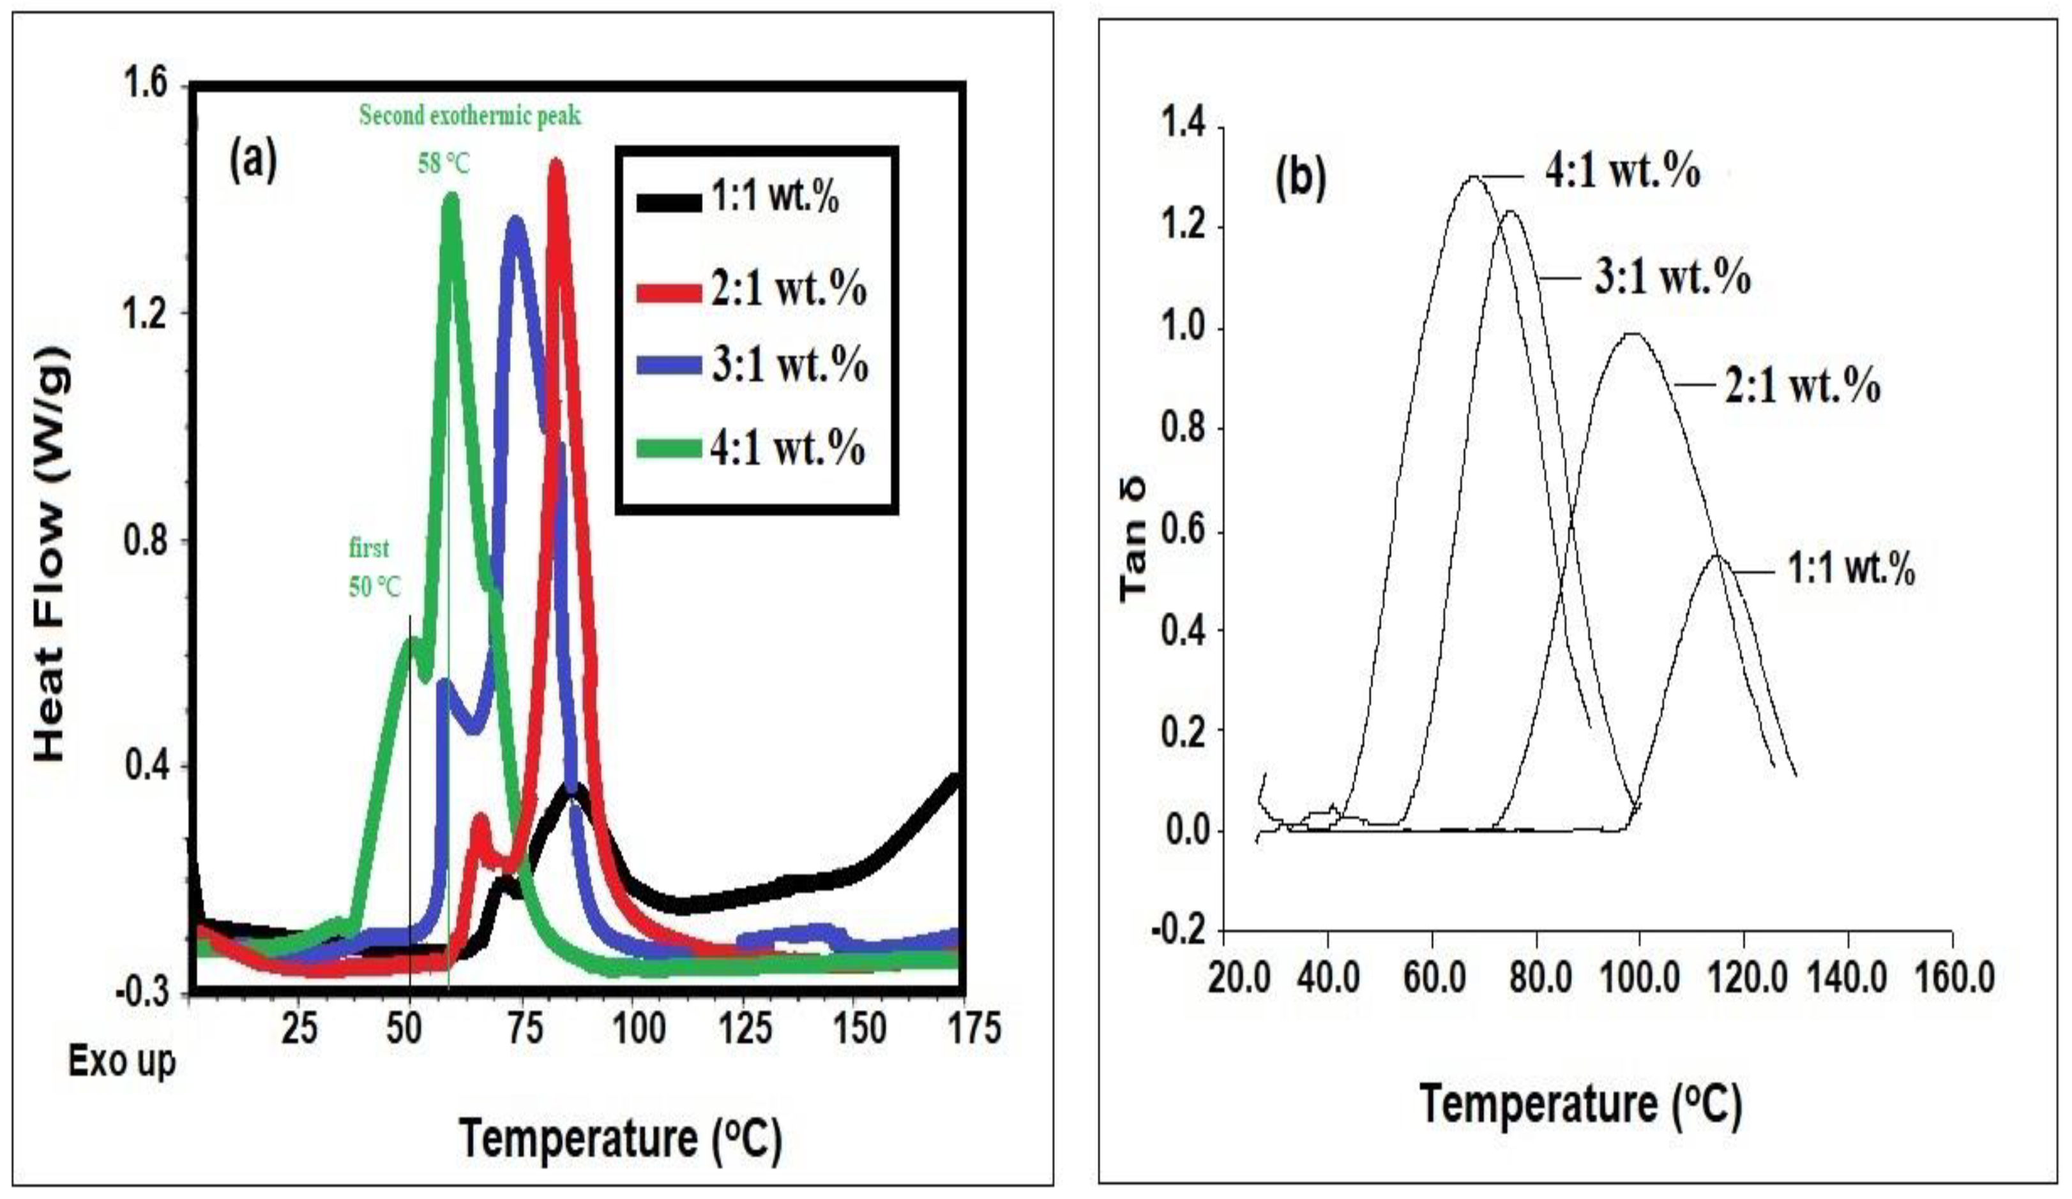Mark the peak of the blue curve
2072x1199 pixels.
pos(515,221)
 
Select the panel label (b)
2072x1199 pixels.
pos(1301,179)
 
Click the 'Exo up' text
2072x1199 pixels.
pos(122,1061)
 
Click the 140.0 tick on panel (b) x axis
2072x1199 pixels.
pos(1847,979)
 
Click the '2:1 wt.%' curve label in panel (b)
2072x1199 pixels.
pos(1803,386)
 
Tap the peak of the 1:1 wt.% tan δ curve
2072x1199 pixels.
pos(1717,557)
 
